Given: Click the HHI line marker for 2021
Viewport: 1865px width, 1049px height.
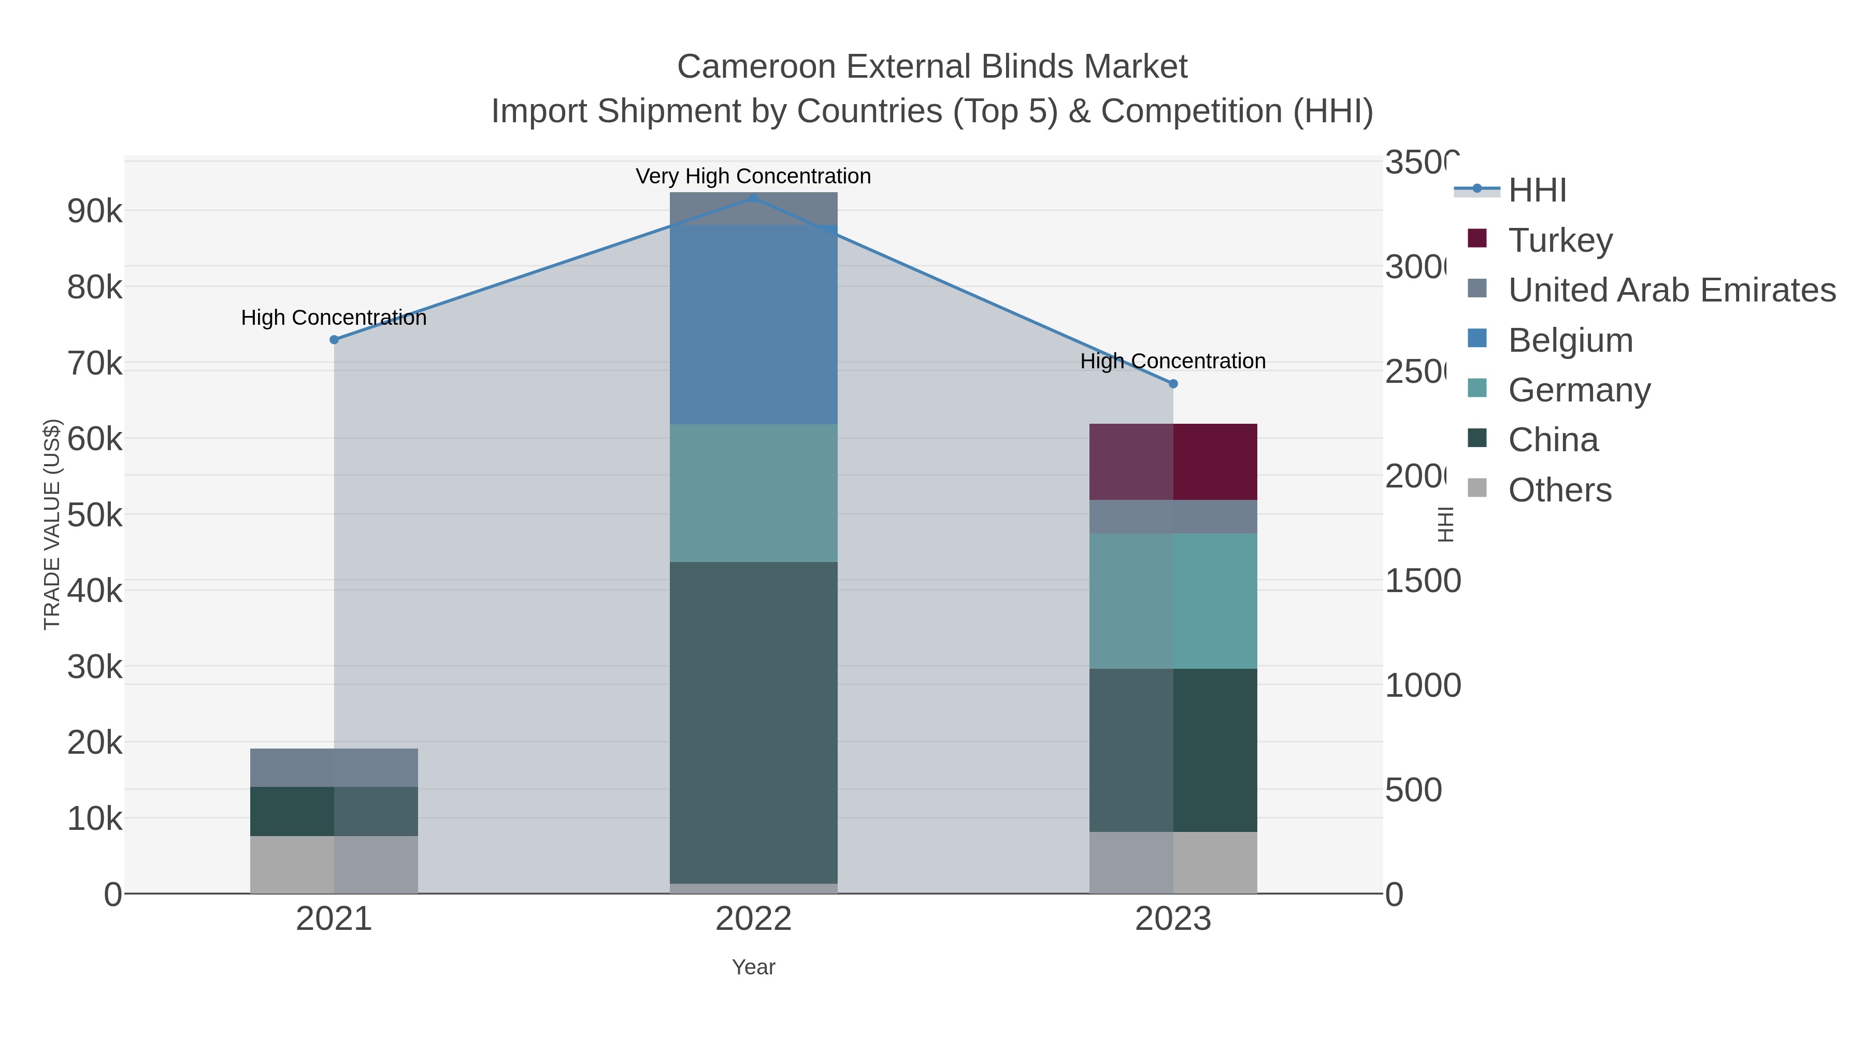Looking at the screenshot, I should [334, 339].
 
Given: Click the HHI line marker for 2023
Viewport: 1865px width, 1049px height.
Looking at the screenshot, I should [1173, 384].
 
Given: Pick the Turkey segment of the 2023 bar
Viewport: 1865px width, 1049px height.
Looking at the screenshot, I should [1173, 462].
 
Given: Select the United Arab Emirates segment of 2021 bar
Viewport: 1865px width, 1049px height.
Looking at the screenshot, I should [334, 767].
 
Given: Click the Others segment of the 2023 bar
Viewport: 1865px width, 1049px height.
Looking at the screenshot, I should [1173, 862].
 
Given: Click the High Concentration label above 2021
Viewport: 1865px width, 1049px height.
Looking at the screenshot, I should [334, 318].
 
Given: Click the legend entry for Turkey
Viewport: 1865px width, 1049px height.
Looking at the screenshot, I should [1560, 240].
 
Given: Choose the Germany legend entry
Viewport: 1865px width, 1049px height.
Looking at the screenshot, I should [1579, 390].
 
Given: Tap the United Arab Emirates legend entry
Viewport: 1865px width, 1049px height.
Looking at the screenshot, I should [1671, 290].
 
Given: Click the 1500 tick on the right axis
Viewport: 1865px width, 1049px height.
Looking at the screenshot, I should [1422, 581].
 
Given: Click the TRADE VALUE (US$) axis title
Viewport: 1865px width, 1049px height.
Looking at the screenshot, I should [52, 524].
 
